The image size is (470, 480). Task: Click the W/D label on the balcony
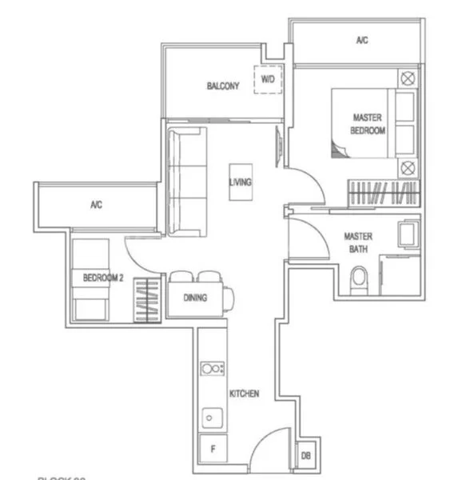[267, 80]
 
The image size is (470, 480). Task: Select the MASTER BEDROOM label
[368, 123]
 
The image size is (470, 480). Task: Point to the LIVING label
[240, 182]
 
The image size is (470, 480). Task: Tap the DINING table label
[196, 298]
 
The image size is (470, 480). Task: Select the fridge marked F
[213, 450]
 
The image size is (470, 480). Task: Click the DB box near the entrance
[305, 455]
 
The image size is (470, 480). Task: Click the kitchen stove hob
[213, 369]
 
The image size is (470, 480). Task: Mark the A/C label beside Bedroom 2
[96, 205]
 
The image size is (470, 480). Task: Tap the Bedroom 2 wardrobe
[144, 299]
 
